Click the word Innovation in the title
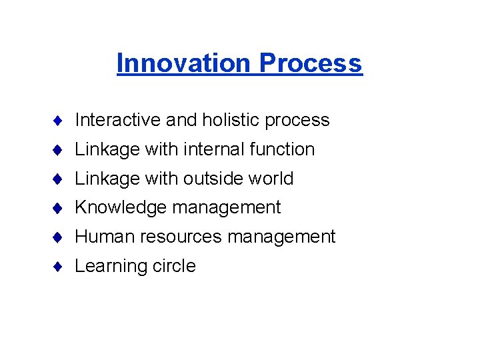[185, 63]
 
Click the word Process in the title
[311, 63]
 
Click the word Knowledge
[121, 208]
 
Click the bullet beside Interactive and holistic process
[59, 121]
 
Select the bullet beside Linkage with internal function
[59, 150]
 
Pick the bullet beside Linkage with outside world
[59, 179]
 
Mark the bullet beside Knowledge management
[59, 208]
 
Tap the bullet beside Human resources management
[59, 237]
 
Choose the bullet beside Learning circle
[59, 267]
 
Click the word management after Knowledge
[227, 208]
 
